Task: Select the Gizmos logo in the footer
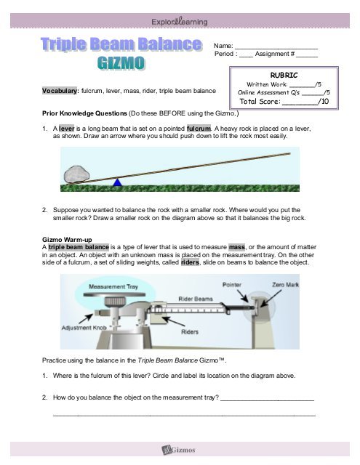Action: coord(180,451)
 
